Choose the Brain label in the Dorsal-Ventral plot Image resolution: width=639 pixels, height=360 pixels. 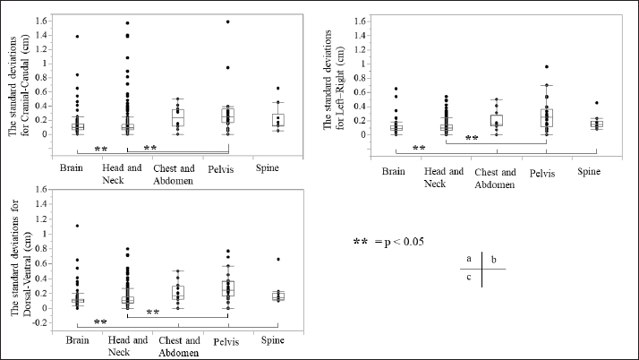click(77, 340)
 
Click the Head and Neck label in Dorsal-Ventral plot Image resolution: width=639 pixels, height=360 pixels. click(127, 346)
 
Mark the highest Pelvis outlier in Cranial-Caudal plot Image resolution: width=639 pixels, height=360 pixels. click(228, 21)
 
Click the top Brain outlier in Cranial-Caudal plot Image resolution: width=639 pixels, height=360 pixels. click(77, 37)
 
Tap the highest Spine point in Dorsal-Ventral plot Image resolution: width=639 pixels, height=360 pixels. click(279, 260)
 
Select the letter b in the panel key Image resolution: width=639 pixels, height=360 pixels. click(493, 259)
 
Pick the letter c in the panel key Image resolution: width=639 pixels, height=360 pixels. click(469, 277)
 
